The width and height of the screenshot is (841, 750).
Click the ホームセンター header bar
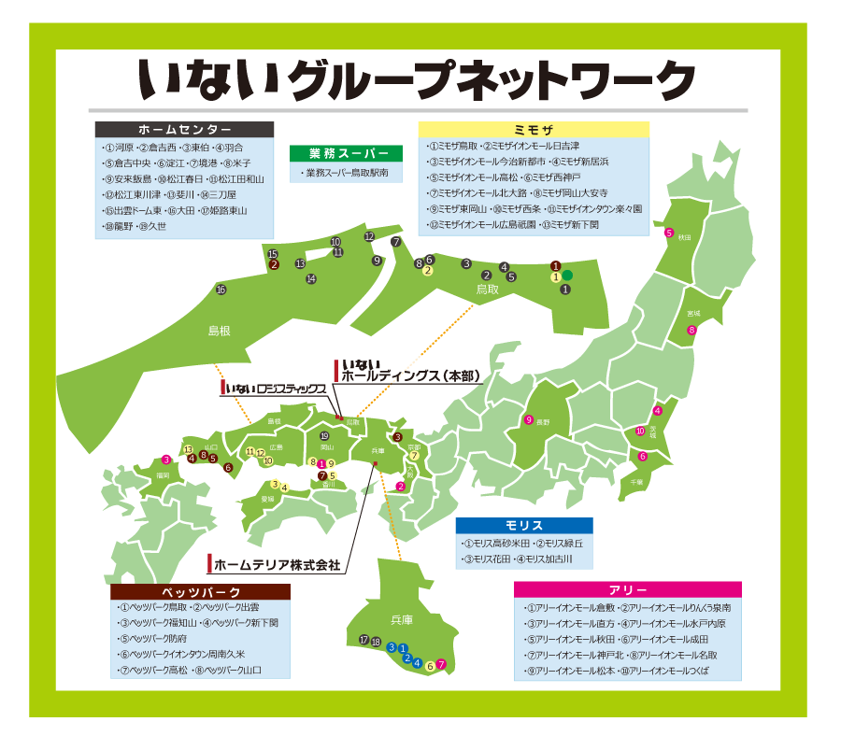pos(184,130)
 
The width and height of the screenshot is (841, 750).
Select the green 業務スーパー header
pos(345,153)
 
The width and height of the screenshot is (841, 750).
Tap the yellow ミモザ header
pos(533,130)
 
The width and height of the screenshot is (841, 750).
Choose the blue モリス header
pos(523,526)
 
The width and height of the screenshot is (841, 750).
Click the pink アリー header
pos(627,589)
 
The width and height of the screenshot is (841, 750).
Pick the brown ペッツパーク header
pos(201,592)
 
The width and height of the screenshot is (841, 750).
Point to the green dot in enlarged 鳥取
pos(567,276)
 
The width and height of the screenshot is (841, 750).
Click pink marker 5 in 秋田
pos(669,233)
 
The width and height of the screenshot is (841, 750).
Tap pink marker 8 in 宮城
pos(692,330)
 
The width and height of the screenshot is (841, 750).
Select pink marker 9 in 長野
pos(529,420)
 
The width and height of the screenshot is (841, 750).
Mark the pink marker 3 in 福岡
pos(165,460)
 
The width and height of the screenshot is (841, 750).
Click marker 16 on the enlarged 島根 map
pos(221,290)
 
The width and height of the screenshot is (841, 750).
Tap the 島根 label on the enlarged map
pos(219,331)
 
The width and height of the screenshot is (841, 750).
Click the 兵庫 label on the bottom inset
pos(401,619)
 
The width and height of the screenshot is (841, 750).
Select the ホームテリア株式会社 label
pos(276,565)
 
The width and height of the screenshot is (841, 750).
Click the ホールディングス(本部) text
pos(410,375)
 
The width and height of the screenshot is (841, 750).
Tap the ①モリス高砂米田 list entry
pos(496,544)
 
